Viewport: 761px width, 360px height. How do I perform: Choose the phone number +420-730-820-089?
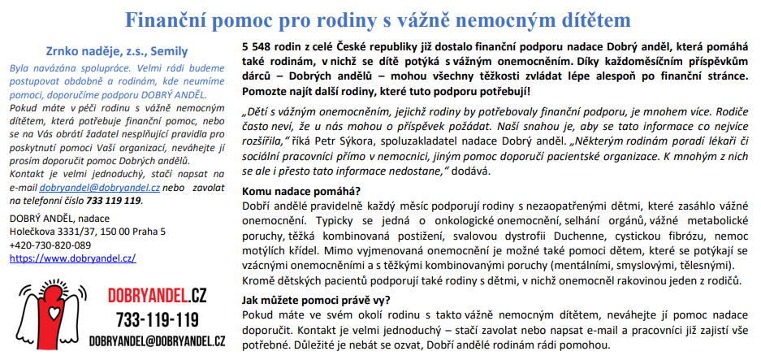click(x=50, y=245)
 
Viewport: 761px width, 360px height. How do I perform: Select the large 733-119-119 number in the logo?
click(x=157, y=318)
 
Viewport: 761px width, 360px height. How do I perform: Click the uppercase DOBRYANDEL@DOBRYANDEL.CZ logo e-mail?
click(x=157, y=341)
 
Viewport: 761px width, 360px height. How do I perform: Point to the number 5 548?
click(x=260, y=48)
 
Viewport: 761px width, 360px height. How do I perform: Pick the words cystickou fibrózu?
click(x=649, y=236)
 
